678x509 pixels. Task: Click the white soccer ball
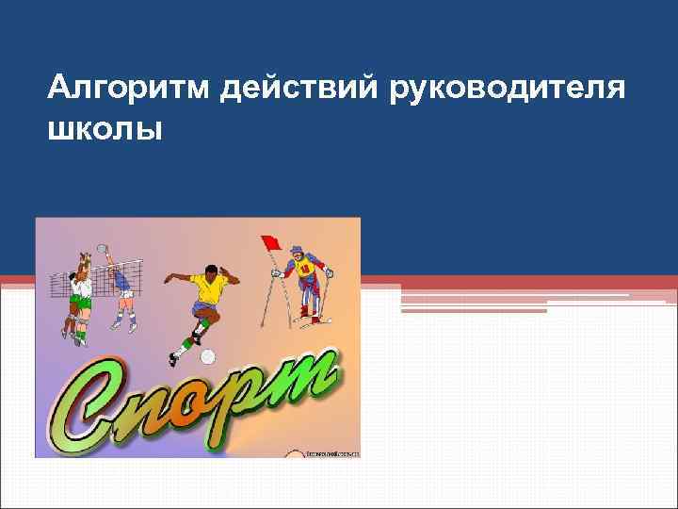pos(208,356)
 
